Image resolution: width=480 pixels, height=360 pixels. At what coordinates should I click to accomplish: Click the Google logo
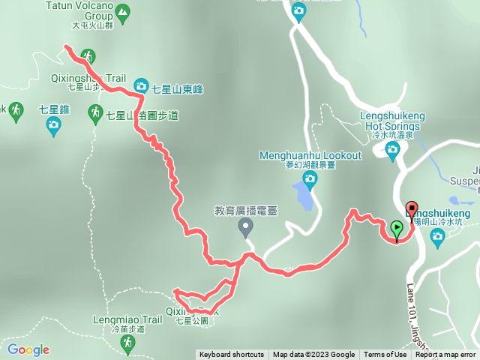28,349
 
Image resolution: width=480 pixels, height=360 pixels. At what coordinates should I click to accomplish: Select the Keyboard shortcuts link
231,355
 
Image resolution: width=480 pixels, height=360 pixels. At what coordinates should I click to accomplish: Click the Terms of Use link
385,355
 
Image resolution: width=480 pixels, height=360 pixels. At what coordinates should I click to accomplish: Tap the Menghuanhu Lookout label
310,155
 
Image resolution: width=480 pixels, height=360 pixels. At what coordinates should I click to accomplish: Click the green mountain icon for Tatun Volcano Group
124,11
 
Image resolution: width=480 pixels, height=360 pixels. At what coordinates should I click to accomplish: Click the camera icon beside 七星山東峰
141,87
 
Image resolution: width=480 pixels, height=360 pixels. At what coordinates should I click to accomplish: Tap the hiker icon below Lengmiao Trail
127,343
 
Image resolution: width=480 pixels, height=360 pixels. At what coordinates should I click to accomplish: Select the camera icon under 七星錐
52,127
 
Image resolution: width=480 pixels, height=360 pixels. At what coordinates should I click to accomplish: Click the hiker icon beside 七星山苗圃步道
95,113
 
